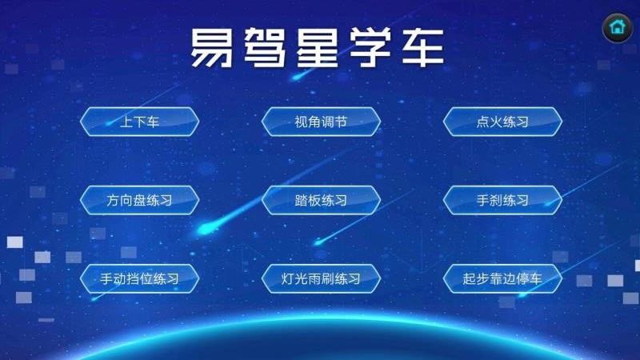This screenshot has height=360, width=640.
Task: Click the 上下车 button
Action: click(139, 122)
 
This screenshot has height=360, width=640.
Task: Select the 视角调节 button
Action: click(321, 122)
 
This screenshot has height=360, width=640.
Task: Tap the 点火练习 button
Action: click(502, 122)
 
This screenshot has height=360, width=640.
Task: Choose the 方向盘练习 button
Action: click(139, 200)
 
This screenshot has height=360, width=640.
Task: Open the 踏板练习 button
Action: click(321, 200)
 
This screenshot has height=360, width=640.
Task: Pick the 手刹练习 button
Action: click(502, 200)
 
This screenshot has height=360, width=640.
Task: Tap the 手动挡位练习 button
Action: click(139, 279)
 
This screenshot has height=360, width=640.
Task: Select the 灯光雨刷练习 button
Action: click(321, 279)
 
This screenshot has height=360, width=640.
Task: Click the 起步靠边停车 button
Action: click(502, 279)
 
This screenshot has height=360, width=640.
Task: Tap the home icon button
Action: click(617, 27)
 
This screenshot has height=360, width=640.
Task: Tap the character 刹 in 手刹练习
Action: click(496, 200)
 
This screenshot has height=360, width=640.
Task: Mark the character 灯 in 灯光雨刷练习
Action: click(289, 279)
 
